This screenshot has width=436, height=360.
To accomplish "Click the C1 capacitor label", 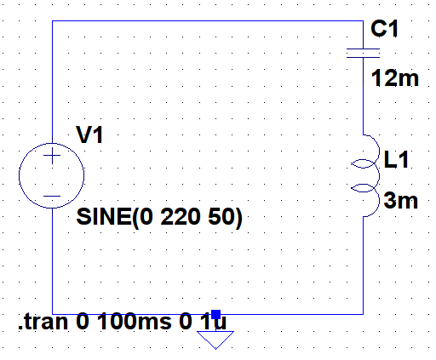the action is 384,29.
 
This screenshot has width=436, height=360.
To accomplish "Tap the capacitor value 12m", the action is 395,78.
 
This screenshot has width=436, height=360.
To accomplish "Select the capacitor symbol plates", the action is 363,53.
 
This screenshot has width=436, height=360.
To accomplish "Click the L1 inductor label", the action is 396,159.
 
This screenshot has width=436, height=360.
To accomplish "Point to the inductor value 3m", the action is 400,201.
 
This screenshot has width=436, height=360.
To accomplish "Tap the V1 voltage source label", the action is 89,134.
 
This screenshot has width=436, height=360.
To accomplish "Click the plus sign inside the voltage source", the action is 52,156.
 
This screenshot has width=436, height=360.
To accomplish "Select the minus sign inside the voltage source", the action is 52,196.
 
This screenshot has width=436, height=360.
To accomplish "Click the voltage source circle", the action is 19,175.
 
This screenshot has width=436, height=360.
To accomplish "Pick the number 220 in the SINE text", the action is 180,217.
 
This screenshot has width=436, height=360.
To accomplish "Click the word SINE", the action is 103,217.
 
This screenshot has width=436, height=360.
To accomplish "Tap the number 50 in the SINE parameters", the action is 221,217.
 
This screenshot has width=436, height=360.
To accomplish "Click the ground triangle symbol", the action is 215,340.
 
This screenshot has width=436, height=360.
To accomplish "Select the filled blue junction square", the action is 215,314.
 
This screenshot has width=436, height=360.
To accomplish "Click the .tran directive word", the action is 43,322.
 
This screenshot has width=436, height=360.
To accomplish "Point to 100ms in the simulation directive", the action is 135,322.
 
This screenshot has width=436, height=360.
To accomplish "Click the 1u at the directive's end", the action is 213,322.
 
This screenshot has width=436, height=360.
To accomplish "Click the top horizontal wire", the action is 208,20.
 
